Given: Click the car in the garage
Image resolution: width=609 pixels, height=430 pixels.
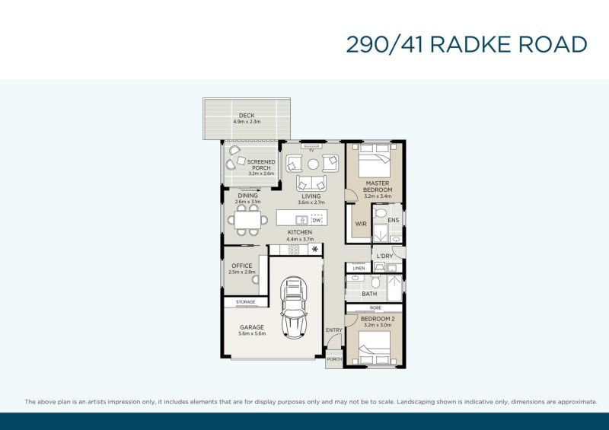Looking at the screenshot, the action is [294, 307].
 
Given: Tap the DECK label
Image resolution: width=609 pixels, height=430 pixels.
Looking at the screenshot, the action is [247, 116].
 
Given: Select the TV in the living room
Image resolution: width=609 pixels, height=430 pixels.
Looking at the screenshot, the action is [311, 146].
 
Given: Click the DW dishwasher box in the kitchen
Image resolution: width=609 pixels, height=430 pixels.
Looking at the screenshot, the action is [317, 220].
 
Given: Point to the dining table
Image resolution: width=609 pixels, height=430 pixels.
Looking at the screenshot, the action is [247, 220].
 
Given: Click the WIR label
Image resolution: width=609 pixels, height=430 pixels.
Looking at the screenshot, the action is [361, 224].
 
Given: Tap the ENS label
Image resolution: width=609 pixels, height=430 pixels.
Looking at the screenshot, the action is [393, 220].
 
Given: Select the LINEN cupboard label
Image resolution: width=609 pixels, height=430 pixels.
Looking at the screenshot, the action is [359, 269].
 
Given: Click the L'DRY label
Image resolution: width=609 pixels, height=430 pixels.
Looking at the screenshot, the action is [385, 256].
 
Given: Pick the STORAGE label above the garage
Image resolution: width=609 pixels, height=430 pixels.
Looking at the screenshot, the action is [245, 302].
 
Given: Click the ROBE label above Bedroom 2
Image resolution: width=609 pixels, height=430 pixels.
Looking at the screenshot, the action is [375, 307].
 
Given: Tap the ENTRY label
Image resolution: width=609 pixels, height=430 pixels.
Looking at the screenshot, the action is [334, 330].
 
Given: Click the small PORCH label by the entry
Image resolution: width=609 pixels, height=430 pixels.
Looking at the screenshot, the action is [334, 359].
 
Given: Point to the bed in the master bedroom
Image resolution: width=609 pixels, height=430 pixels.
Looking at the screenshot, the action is [375, 161].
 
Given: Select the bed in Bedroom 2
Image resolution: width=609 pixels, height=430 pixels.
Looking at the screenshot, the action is [375, 348].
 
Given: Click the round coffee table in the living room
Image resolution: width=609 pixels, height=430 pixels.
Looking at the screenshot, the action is [313, 164].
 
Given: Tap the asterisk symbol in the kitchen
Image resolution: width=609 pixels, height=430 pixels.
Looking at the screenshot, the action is [315, 249].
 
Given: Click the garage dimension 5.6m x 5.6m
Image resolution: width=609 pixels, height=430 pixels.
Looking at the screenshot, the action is [252, 333].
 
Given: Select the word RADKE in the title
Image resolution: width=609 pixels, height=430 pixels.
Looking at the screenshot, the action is [470, 44].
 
